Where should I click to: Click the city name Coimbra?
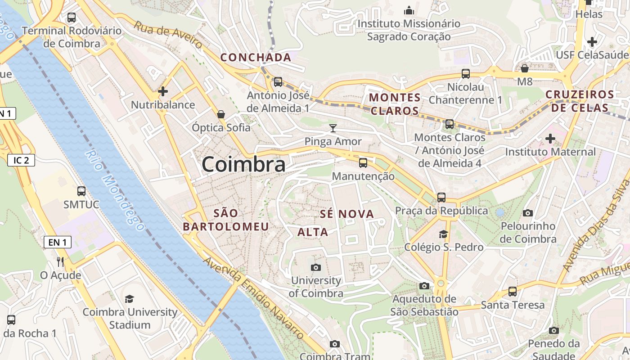tap(243, 164)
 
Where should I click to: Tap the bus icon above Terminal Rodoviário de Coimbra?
tap(71, 18)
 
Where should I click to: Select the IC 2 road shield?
tap(21, 160)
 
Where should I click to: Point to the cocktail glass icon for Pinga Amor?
tap(333, 128)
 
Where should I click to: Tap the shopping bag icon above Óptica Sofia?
tap(221, 114)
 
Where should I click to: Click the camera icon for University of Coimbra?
tap(316, 267)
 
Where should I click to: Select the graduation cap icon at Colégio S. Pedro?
tap(443, 234)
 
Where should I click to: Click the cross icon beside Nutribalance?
tap(163, 91)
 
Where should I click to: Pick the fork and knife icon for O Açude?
tap(60, 261)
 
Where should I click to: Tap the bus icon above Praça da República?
tap(441, 197)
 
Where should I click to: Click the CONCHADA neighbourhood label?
tap(256, 58)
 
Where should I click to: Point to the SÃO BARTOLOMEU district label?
tap(226, 220)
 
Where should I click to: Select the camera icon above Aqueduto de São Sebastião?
tap(424, 286)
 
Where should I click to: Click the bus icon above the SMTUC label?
tap(81, 191)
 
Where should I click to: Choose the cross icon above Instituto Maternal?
tap(550, 139)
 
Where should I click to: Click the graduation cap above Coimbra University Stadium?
tap(130, 299)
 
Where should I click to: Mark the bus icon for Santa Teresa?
tap(512, 292)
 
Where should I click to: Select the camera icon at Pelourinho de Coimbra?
tap(528, 212)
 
